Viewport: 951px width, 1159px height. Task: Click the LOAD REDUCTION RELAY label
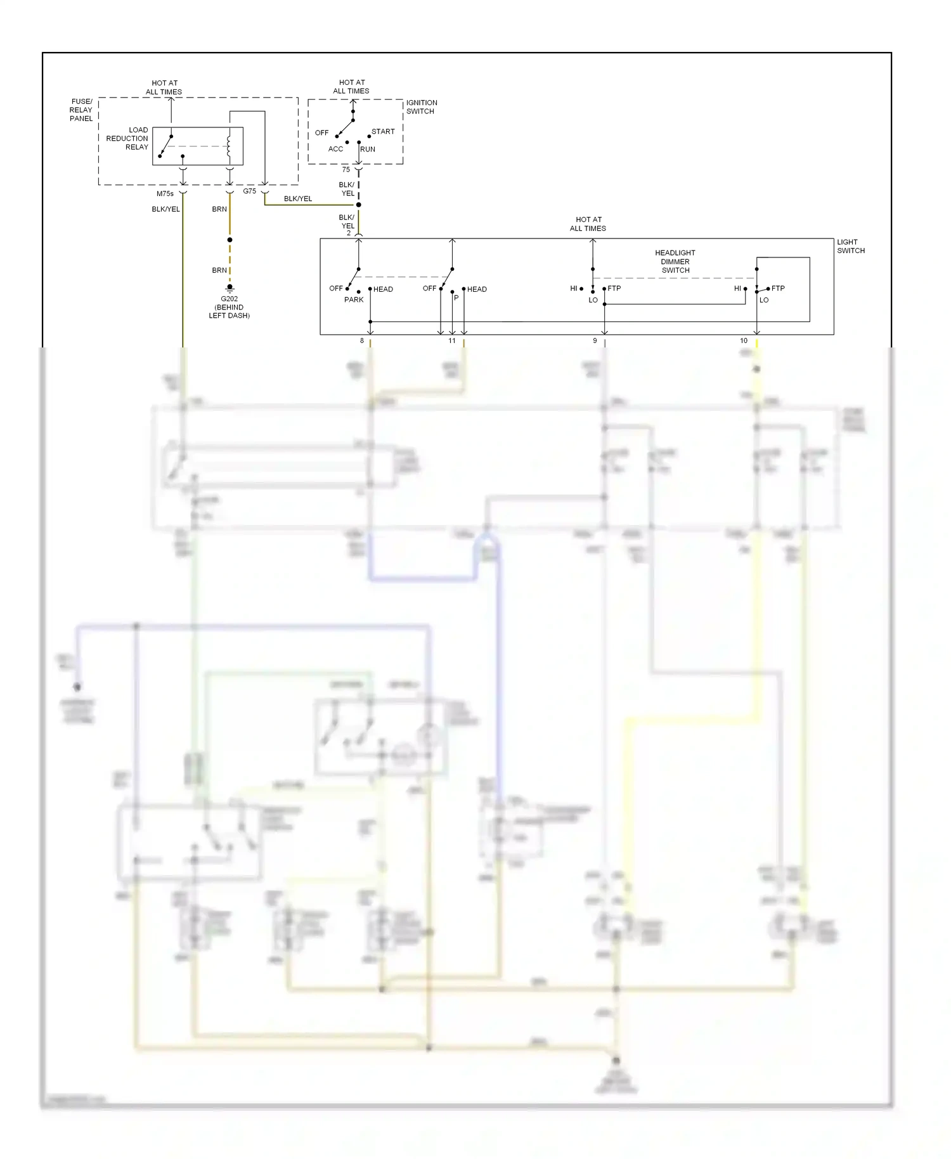click(127, 138)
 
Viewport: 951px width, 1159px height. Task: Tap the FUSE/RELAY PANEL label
click(81, 110)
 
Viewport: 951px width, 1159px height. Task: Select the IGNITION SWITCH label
click(421, 107)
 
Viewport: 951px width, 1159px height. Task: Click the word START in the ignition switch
click(383, 132)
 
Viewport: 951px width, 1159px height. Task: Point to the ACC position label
click(335, 149)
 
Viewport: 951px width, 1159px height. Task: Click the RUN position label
click(368, 150)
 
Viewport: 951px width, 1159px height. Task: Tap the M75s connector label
click(165, 194)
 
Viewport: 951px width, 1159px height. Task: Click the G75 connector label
click(249, 191)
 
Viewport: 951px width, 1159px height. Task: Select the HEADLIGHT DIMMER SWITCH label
click(675, 261)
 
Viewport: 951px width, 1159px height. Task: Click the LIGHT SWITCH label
click(850, 246)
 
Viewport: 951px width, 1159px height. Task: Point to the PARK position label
click(354, 300)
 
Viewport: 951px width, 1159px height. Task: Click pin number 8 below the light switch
click(362, 341)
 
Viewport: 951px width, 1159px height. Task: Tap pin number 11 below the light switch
click(452, 341)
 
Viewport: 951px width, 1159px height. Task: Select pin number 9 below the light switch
click(595, 341)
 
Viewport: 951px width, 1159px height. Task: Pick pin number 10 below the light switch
click(744, 341)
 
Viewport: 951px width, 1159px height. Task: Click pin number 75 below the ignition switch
click(346, 170)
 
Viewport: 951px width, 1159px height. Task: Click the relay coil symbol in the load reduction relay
click(230, 146)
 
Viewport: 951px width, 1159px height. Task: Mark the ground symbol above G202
click(230, 287)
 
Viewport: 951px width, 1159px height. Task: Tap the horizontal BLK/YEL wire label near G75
click(298, 199)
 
